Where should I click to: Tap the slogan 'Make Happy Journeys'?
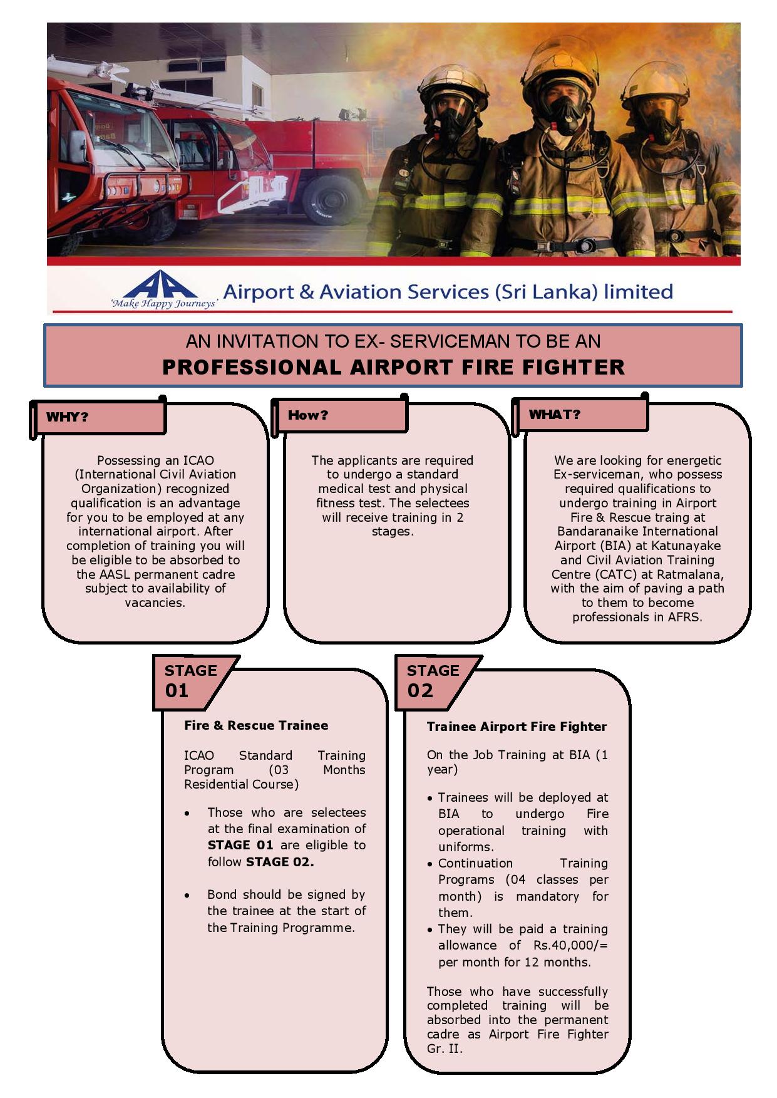coord(164,304)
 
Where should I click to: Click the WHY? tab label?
coord(68,417)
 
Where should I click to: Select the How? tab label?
coord(307,415)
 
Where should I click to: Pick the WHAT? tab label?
coord(554,415)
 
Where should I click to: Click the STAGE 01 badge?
coord(188,681)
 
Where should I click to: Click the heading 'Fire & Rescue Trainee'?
coord(256,725)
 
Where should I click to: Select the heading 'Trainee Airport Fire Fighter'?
coord(517,727)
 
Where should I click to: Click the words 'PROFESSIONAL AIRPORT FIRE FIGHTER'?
coord(393,367)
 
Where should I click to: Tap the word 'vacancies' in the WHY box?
coord(154,603)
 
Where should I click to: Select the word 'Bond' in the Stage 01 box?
coord(222,894)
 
